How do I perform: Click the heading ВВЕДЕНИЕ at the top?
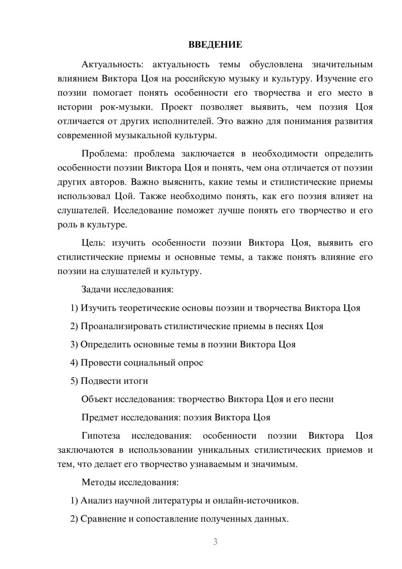click(x=215, y=45)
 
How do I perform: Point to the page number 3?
click(x=215, y=542)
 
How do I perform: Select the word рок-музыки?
click(x=126, y=107)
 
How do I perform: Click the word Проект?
click(x=177, y=107)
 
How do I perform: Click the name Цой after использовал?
click(x=124, y=196)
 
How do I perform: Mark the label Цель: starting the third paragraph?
click(x=93, y=243)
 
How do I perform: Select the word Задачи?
click(x=96, y=289)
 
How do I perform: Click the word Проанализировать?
click(x=121, y=326)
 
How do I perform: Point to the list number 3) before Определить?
click(x=74, y=344)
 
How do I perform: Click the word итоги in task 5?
click(x=136, y=381)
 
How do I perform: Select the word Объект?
click(x=97, y=399)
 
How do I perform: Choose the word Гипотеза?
click(x=100, y=436)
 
